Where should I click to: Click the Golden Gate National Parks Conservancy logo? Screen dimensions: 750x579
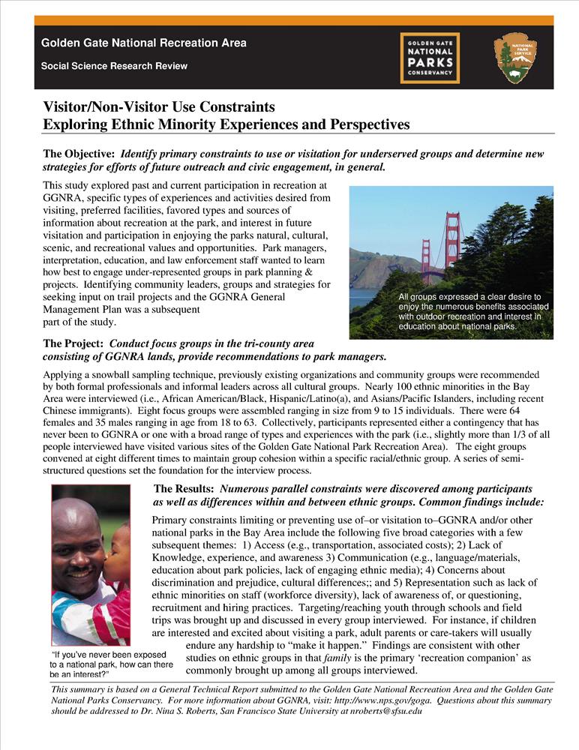[430, 58]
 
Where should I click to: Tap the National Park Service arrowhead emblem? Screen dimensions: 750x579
[515, 58]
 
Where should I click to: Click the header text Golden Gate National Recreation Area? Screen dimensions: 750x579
[143, 43]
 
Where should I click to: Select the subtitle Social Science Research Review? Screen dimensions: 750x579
[114, 66]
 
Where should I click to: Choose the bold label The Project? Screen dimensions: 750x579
[73, 343]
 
